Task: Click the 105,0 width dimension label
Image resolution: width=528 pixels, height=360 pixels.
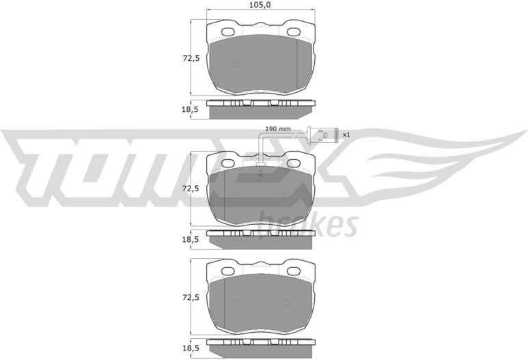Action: point(260,5)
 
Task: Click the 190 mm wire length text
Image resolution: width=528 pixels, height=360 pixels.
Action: point(278,129)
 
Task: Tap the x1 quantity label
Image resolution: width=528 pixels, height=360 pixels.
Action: point(346,135)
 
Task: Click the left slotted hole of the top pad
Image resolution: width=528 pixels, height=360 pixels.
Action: point(227,32)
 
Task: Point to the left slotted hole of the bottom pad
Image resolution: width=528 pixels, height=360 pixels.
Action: point(227,271)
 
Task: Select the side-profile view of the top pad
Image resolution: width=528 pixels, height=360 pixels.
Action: point(260,108)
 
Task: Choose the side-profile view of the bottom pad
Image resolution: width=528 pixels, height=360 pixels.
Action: point(260,346)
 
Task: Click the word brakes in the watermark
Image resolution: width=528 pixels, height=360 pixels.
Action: point(308,224)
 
